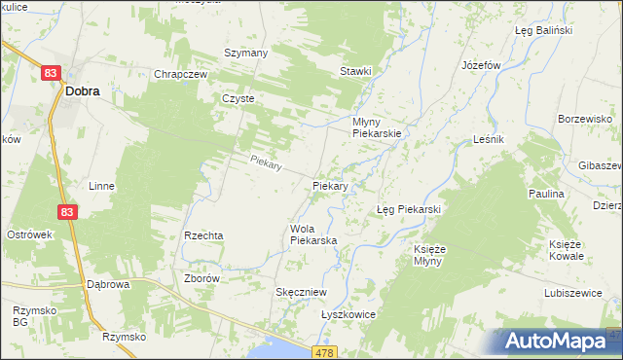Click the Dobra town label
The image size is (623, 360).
pyautogui.click(x=83, y=91)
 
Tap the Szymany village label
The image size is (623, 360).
pyautogui.click(x=245, y=53)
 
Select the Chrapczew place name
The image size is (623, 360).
pyautogui.click(x=177, y=74)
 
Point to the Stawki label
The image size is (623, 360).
pyautogui.click(x=355, y=71)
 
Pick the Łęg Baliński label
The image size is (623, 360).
pyautogui.click(x=542, y=30)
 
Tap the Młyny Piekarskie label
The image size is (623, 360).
pyautogui.click(x=376, y=127)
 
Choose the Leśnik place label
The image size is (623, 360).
pyautogui.click(x=488, y=140)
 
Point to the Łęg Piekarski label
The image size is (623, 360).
pyautogui.click(x=409, y=209)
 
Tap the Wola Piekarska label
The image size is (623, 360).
pyautogui.click(x=312, y=234)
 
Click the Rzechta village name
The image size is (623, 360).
pyautogui.click(x=203, y=235)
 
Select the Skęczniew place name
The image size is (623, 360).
pyautogui.click(x=301, y=292)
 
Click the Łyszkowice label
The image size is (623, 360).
pyautogui.click(x=348, y=315)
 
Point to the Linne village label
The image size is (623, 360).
pyautogui.click(x=101, y=186)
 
